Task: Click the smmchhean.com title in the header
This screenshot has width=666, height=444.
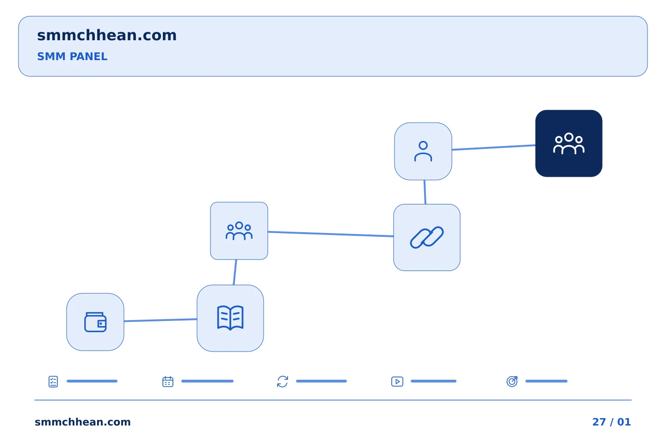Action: (107, 36)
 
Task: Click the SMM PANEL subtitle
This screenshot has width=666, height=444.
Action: (72, 56)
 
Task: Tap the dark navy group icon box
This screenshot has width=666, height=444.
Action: (569, 143)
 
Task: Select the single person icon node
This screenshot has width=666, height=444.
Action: (423, 151)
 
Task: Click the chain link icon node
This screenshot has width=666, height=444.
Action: (426, 237)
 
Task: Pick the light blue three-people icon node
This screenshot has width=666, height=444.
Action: (239, 231)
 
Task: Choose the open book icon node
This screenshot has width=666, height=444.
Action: (230, 318)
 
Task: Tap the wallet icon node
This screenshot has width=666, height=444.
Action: (95, 322)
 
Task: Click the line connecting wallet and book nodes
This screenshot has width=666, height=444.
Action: (160, 320)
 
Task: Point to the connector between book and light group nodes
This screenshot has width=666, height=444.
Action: (235, 272)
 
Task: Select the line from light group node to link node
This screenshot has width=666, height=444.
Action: (331, 234)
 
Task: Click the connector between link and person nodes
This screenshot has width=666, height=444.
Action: (425, 192)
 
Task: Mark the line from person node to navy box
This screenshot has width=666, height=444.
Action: (493, 148)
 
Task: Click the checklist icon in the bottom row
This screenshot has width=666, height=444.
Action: (53, 382)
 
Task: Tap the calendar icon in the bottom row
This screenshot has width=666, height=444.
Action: (168, 382)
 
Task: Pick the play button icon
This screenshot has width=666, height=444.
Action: (397, 382)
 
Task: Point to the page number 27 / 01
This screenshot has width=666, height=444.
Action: (611, 422)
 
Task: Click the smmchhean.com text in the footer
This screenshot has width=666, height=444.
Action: (83, 422)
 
